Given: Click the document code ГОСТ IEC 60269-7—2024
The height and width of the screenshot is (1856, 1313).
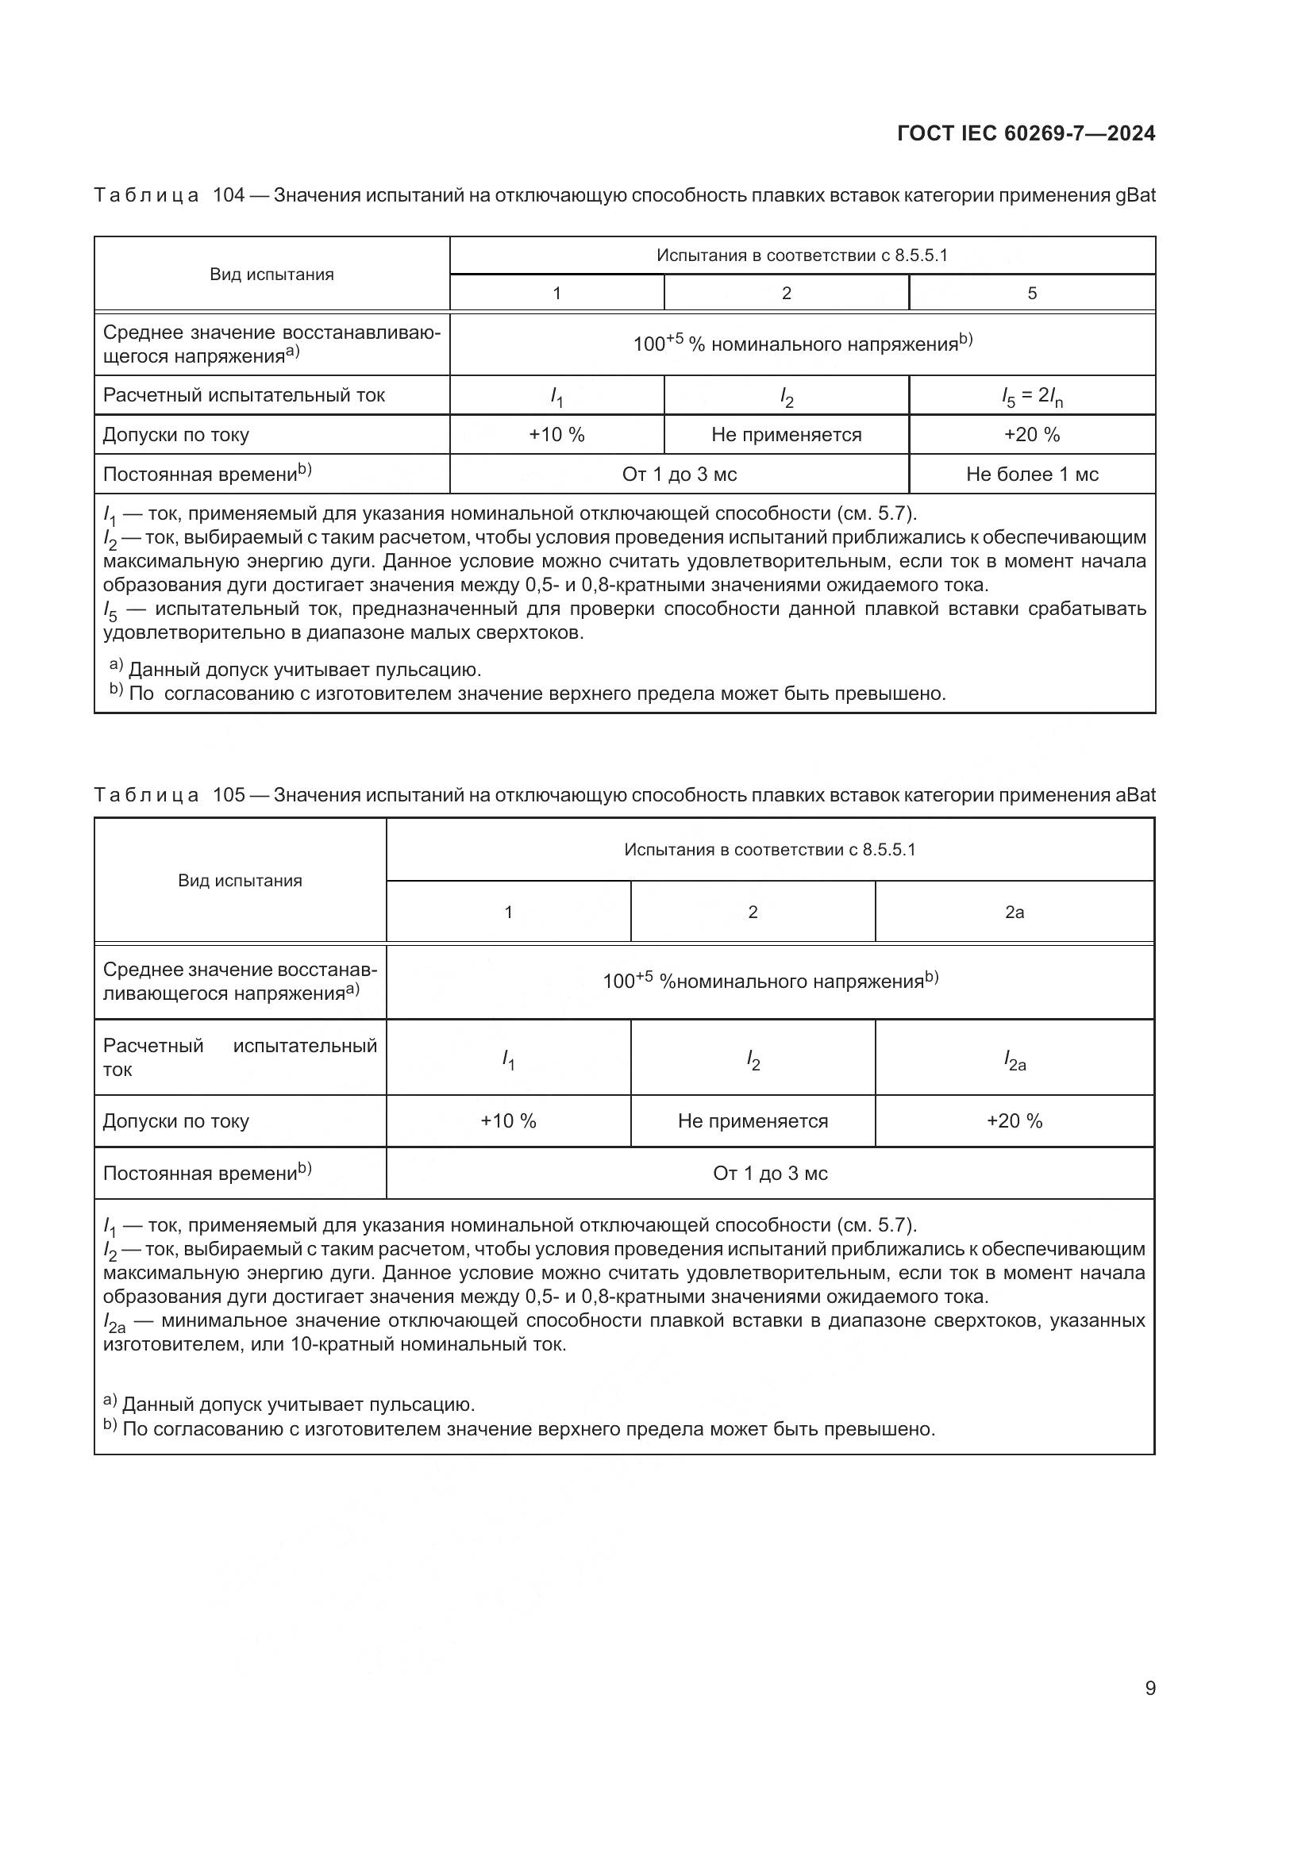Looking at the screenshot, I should pyautogui.click(x=1025, y=133).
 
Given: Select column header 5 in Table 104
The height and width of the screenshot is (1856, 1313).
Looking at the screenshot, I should pyautogui.click(x=1032, y=294).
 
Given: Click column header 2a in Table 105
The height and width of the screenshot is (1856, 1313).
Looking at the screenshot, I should pyautogui.click(x=1014, y=912).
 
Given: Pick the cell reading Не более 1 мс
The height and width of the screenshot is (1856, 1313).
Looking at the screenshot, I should pyautogui.click(x=1032, y=475).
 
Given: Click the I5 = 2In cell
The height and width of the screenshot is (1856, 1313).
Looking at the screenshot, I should pyautogui.click(x=1032, y=396).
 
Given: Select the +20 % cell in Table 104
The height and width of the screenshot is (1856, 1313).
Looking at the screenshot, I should pyautogui.click(x=1032, y=435).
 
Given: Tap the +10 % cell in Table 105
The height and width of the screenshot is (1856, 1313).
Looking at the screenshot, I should pyautogui.click(x=508, y=1121).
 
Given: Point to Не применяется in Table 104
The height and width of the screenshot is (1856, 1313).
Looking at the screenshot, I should pyautogui.click(x=786, y=435).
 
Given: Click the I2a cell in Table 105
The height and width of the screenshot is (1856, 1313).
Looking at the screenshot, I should pyautogui.click(x=1014, y=1059).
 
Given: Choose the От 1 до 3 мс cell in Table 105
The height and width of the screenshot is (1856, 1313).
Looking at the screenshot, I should pyautogui.click(x=770, y=1173).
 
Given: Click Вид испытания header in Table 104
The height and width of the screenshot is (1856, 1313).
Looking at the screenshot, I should pyautogui.click(x=271, y=275).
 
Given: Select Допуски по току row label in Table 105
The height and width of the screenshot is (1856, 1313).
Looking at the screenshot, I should pyautogui.click(x=175, y=1121).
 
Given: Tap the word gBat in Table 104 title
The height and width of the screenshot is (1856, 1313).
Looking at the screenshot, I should pyautogui.click(x=1135, y=196).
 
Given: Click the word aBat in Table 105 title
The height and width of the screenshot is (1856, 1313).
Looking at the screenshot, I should pyautogui.click(x=1135, y=794).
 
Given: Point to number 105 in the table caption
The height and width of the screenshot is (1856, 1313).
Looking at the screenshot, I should pyautogui.click(x=228, y=794).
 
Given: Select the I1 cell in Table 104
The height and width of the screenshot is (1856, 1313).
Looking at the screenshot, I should pyautogui.click(x=556, y=396).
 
